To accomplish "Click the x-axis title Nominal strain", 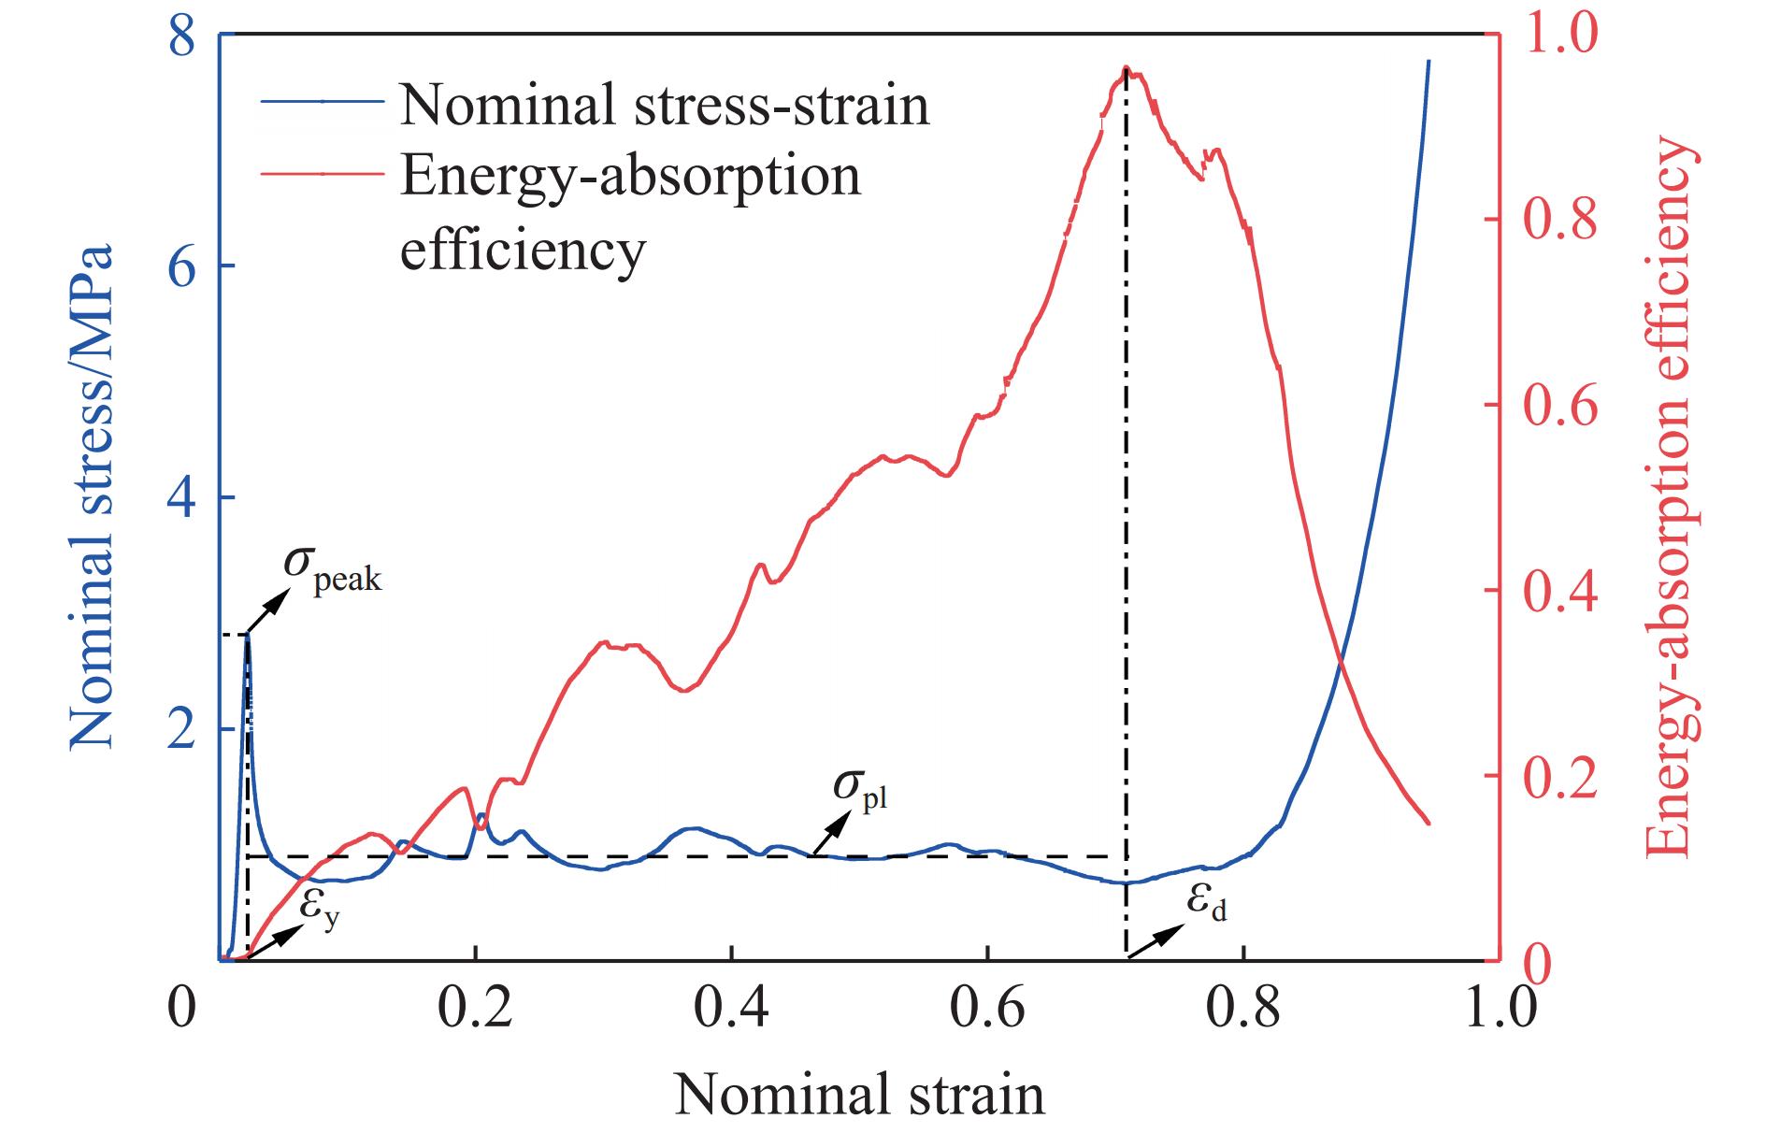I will [x=859, y=1095].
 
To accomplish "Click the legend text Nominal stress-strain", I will [x=665, y=104].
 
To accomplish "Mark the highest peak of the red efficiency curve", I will [x=1127, y=69].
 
